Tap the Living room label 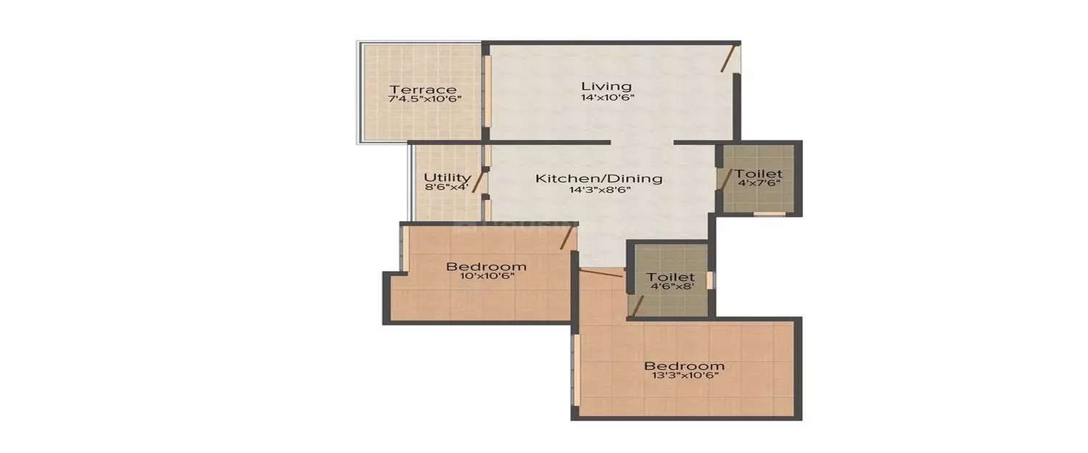[606, 86]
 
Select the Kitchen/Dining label [598, 178]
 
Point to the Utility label [448, 177]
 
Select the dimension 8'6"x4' [448, 187]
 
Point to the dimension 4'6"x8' [670, 288]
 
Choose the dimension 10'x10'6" [485, 276]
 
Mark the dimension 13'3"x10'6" [684, 375]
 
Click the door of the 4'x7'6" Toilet [723, 180]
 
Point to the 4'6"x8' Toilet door [638, 305]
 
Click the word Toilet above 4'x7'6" [759, 174]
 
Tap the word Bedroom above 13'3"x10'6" [684, 365]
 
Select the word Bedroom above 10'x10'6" [485, 266]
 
